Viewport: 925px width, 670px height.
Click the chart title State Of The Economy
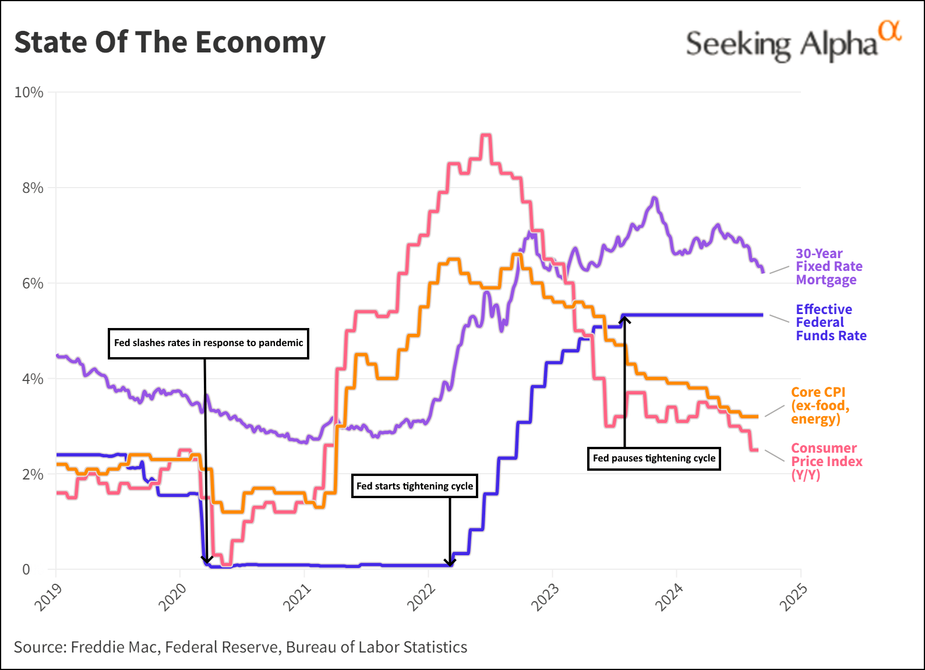[170, 43]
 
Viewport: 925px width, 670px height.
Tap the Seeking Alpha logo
[793, 42]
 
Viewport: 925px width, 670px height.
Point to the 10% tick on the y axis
[29, 93]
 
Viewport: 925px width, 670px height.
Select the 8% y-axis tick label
[33, 188]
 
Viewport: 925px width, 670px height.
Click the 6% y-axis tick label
[33, 283]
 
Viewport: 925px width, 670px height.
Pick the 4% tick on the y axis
[33, 379]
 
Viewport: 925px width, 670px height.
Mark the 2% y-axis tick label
[33, 474]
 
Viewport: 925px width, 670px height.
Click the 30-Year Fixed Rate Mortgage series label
[828, 266]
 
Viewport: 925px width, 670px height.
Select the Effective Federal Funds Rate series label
[831, 322]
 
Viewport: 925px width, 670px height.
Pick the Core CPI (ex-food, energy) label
[820, 405]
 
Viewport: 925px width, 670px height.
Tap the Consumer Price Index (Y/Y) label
[826, 461]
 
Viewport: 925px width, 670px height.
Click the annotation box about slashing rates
[209, 343]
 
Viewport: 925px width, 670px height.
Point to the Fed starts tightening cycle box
[414, 486]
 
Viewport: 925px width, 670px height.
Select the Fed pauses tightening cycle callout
[654, 458]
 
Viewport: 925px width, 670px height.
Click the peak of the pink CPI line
[486, 136]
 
